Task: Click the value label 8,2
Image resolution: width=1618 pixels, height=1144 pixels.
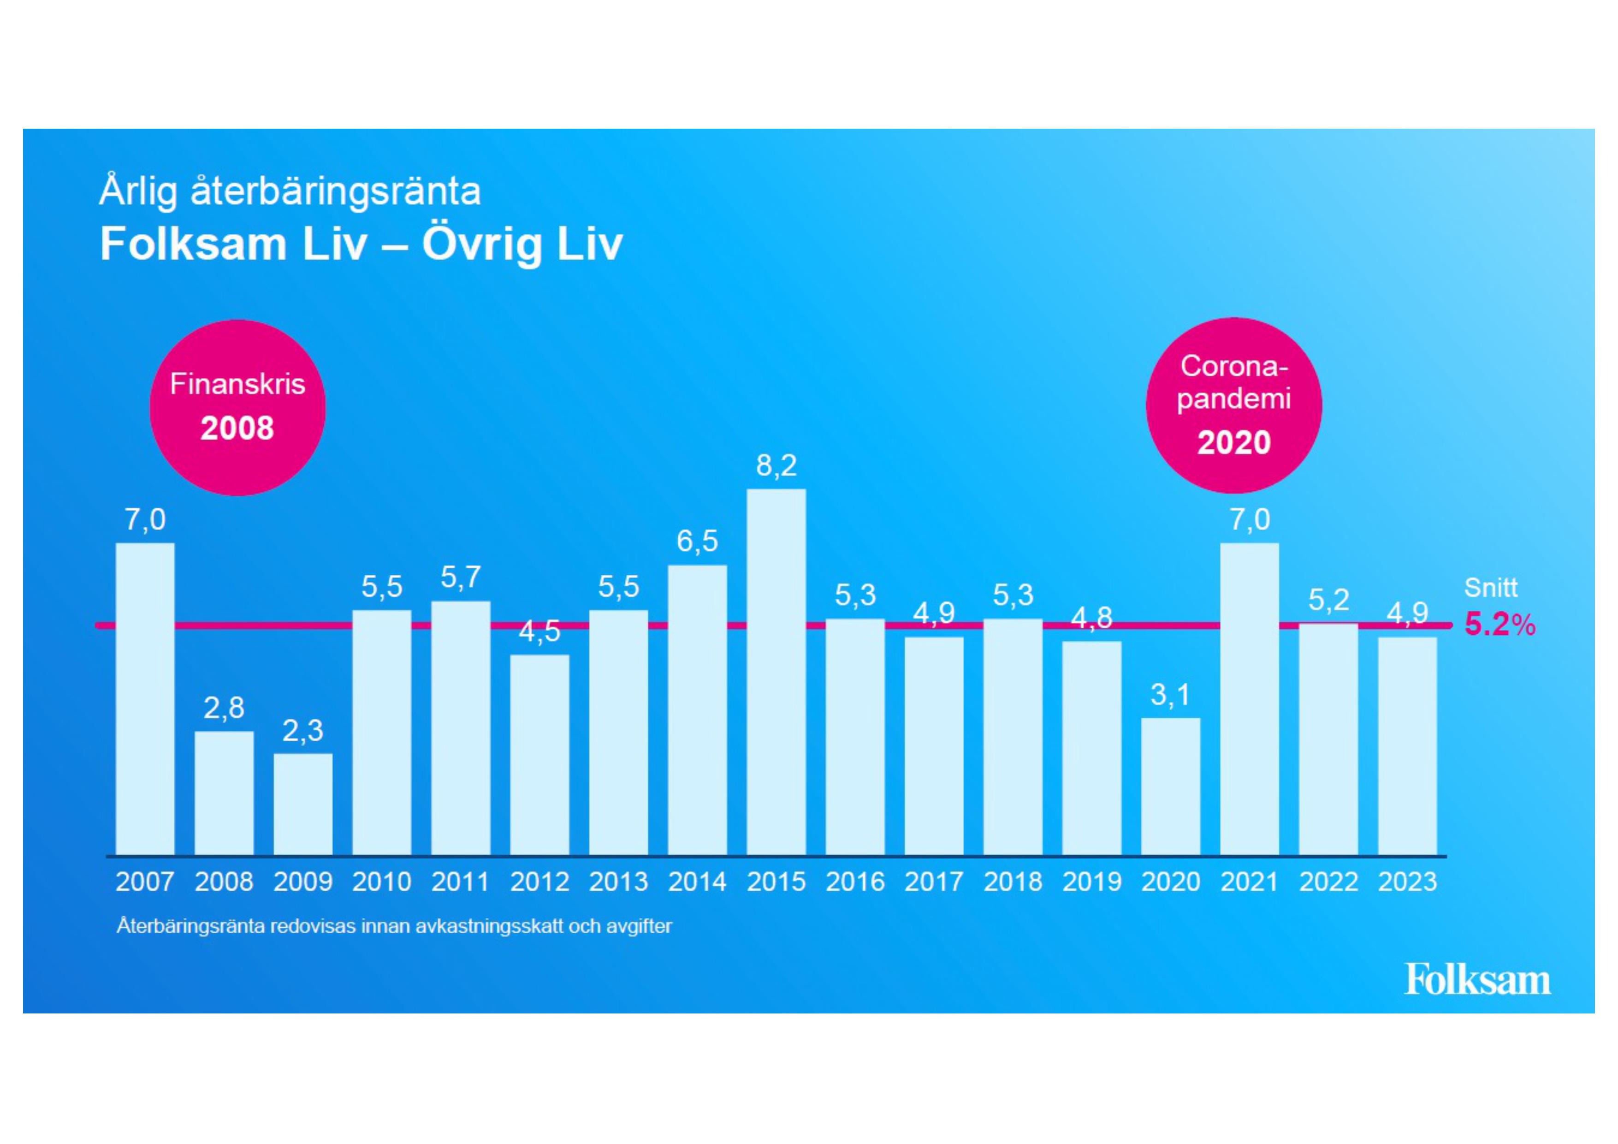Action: (x=776, y=466)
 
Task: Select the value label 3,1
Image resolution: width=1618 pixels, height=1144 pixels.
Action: (x=1171, y=695)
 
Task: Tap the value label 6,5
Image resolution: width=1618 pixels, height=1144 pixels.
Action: (x=697, y=542)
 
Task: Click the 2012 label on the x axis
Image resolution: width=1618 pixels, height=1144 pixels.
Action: (x=539, y=882)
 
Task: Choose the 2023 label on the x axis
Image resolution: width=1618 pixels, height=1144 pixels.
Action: (x=1407, y=882)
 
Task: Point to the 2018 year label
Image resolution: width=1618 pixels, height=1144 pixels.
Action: (x=1013, y=882)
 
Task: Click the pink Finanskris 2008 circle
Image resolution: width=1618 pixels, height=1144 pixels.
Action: (x=237, y=407)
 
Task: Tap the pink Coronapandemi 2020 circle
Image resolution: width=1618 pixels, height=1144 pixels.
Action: (x=1233, y=405)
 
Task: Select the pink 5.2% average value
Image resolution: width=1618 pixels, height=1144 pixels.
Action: (x=1499, y=625)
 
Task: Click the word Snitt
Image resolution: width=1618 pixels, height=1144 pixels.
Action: (x=1490, y=588)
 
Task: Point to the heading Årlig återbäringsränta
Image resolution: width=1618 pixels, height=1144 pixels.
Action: (x=290, y=191)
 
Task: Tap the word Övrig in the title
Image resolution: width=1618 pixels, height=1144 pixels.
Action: (x=482, y=244)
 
